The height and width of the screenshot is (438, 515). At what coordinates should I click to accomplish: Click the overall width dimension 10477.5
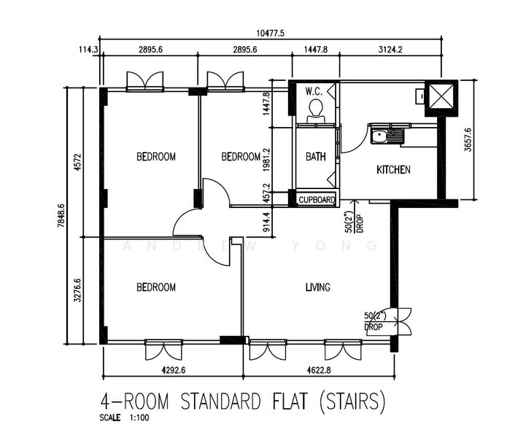[x=270, y=33]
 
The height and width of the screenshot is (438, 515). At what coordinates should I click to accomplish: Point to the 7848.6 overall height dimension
[x=62, y=215]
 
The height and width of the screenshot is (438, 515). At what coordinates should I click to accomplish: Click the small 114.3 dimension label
[x=87, y=50]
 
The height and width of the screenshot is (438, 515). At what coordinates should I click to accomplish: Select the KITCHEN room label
[x=393, y=170]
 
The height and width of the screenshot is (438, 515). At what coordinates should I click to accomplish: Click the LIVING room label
[x=318, y=288]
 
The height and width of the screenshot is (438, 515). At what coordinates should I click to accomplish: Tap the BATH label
[x=315, y=156]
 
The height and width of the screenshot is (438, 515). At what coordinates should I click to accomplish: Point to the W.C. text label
[x=314, y=91]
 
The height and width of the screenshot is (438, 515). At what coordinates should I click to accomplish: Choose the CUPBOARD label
[x=317, y=199]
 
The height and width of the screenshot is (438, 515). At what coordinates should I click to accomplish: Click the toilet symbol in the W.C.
[x=315, y=109]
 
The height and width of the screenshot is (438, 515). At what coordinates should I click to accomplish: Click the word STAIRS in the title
[x=354, y=402]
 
